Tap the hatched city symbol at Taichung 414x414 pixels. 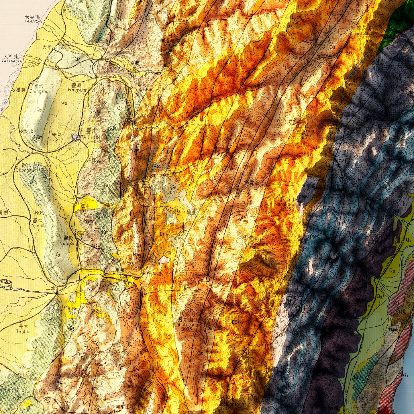(x=76, y=138)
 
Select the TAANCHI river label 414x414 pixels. (x=33, y=21)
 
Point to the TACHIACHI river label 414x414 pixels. (x=12, y=61)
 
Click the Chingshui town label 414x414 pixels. (x=40, y=91)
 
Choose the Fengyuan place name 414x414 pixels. (x=78, y=90)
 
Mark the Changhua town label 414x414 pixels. (x=27, y=170)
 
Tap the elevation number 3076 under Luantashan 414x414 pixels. (x=187, y=329)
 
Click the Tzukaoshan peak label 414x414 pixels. (x=283, y=22)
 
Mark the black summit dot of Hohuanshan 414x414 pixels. (x=303, y=138)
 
